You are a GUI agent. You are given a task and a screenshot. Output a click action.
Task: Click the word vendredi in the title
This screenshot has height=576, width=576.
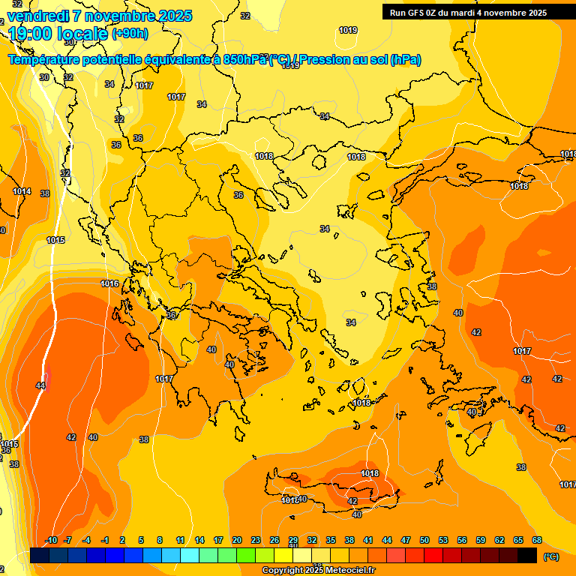37,16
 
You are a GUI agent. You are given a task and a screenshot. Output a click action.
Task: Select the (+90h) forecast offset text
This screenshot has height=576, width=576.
130,34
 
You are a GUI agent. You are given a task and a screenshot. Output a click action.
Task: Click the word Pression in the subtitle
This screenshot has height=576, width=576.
324,59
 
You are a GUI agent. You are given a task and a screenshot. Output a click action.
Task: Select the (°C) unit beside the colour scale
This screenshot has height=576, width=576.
551,556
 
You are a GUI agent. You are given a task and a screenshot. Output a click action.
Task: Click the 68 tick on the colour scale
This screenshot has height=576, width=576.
537,540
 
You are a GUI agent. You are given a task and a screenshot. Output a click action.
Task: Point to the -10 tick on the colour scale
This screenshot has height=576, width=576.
51,540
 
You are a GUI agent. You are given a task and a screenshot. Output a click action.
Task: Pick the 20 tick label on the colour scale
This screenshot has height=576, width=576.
237,540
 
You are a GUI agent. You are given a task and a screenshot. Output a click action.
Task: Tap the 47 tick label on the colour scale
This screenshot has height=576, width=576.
406,540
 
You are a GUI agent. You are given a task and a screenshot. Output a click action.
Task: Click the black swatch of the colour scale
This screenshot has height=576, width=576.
527,555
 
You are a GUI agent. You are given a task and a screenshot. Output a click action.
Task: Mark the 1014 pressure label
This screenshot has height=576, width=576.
22,191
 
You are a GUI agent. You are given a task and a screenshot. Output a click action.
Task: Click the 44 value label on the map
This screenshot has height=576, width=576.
40,385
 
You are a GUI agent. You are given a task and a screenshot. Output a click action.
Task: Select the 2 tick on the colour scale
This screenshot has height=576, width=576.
123,540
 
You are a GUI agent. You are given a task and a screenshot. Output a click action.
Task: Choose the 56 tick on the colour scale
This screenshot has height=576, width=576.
462,540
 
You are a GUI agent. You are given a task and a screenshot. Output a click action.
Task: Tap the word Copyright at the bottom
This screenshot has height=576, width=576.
283,571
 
